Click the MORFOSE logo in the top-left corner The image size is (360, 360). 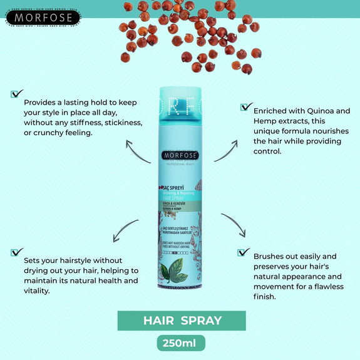[43, 16]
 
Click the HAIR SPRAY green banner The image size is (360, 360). [182, 321]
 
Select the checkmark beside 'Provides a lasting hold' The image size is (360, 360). [17, 94]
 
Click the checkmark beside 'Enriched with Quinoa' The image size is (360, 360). [247, 106]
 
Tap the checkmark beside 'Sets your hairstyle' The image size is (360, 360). [17, 252]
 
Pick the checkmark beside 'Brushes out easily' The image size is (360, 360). [244, 252]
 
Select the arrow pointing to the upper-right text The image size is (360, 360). [227, 150]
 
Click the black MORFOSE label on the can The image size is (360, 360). [180, 155]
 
